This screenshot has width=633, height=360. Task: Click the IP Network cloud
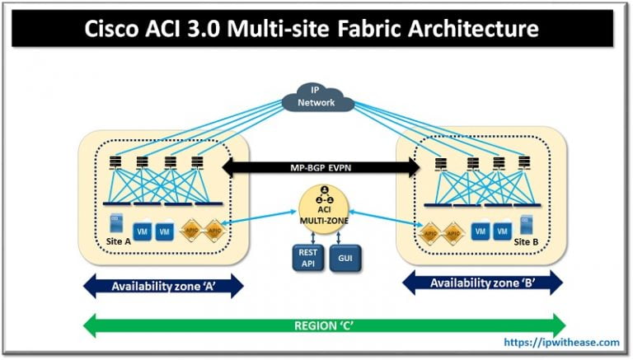point(316,98)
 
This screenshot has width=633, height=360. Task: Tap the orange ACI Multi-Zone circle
point(316,210)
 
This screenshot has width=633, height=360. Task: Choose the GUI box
point(345,258)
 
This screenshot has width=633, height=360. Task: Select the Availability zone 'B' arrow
point(482,283)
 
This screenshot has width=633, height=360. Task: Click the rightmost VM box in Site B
point(499,232)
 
